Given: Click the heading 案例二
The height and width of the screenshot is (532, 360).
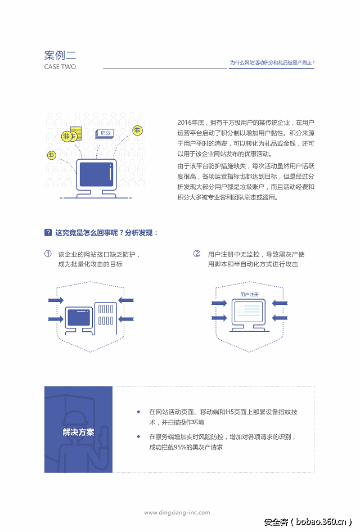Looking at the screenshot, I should [x=60, y=55].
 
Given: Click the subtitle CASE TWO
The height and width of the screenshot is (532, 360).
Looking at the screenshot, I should [x=60, y=67].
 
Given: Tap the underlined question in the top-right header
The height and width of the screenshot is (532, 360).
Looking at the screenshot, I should [x=272, y=63].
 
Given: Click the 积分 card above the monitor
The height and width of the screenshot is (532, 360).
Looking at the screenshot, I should [x=105, y=133].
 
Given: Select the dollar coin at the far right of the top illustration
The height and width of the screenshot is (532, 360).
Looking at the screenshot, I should [x=137, y=130].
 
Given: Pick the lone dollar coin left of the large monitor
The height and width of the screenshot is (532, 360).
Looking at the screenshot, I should [x=52, y=155].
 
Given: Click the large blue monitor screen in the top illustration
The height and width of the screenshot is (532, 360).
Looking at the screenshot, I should [x=96, y=174].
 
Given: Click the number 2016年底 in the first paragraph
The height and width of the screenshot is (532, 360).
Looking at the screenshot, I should [x=190, y=123].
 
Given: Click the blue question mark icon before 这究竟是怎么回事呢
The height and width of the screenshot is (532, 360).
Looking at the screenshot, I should [x=48, y=233].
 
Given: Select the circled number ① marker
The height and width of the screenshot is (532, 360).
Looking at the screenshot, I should [x=48, y=254].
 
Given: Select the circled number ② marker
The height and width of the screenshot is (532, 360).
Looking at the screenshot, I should [x=197, y=254].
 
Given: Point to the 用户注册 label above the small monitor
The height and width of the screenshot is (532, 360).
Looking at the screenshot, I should [x=249, y=294].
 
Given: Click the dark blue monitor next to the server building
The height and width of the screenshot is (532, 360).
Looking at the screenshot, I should [x=79, y=319].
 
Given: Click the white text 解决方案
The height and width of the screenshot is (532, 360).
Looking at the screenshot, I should [x=78, y=432].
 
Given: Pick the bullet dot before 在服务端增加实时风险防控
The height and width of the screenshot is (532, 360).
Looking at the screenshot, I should [x=138, y=436].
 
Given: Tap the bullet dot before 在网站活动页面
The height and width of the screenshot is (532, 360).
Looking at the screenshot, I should [x=138, y=412].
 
